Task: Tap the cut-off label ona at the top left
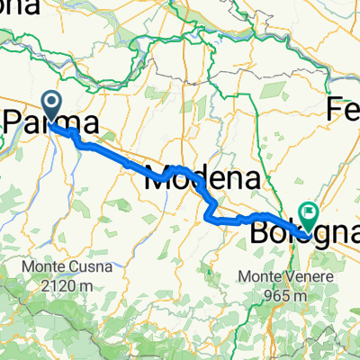(x=18, y=8)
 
